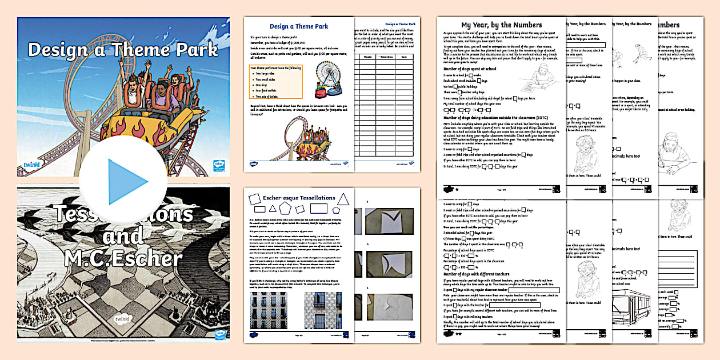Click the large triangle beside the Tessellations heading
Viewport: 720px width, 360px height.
coord(343,199)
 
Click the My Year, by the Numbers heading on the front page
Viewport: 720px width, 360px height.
coord(501,25)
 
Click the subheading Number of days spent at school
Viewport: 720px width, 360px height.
coord(470,69)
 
